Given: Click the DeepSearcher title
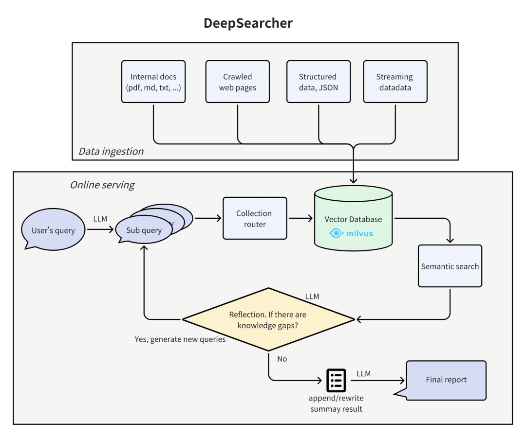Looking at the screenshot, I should tap(248, 23).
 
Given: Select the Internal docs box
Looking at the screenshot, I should tap(153, 82).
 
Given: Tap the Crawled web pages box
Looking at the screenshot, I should tap(237, 82).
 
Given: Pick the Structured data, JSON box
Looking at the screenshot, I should tap(318, 82).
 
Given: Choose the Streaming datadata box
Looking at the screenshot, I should tap(395, 82).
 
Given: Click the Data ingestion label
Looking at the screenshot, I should tap(111, 151).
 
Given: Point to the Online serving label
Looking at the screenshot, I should tap(102, 185).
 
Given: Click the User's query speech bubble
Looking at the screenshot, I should tap(53, 230).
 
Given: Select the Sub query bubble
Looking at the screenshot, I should tap(144, 230).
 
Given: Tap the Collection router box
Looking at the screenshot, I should tap(255, 218).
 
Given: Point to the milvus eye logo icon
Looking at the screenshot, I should tap(336, 233).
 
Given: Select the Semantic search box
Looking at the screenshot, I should tap(450, 266).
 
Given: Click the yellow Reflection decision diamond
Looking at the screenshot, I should tap(268, 319).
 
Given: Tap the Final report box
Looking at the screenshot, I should tap(446, 380).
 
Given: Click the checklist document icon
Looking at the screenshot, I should tap(336, 380).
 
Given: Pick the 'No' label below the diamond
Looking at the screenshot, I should tap(282, 359).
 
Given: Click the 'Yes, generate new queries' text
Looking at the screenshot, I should tap(180, 339).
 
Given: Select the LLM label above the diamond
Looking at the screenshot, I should tap(312, 296).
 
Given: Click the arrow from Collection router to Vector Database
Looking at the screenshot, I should tap(301, 218).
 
